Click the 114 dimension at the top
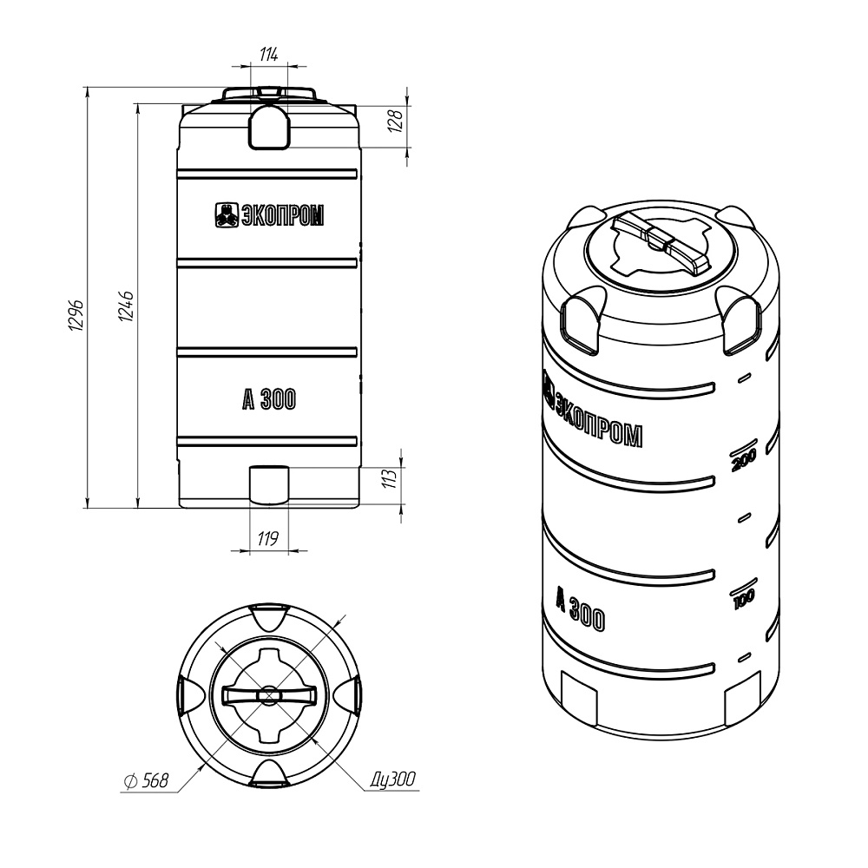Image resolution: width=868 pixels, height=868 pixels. [x=268, y=54]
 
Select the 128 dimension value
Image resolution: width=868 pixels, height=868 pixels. [x=395, y=121]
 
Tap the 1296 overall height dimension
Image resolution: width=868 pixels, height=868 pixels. [x=76, y=316]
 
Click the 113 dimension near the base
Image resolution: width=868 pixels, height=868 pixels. [x=391, y=478]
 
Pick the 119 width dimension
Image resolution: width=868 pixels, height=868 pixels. [x=268, y=538]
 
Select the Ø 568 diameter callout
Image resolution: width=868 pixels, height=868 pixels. [x=146, y=780]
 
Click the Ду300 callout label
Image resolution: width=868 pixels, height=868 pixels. [x=392, y=779]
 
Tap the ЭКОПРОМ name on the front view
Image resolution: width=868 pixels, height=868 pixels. [x=283, y=214]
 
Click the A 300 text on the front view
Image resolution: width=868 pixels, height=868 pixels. [x=269, y=399]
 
